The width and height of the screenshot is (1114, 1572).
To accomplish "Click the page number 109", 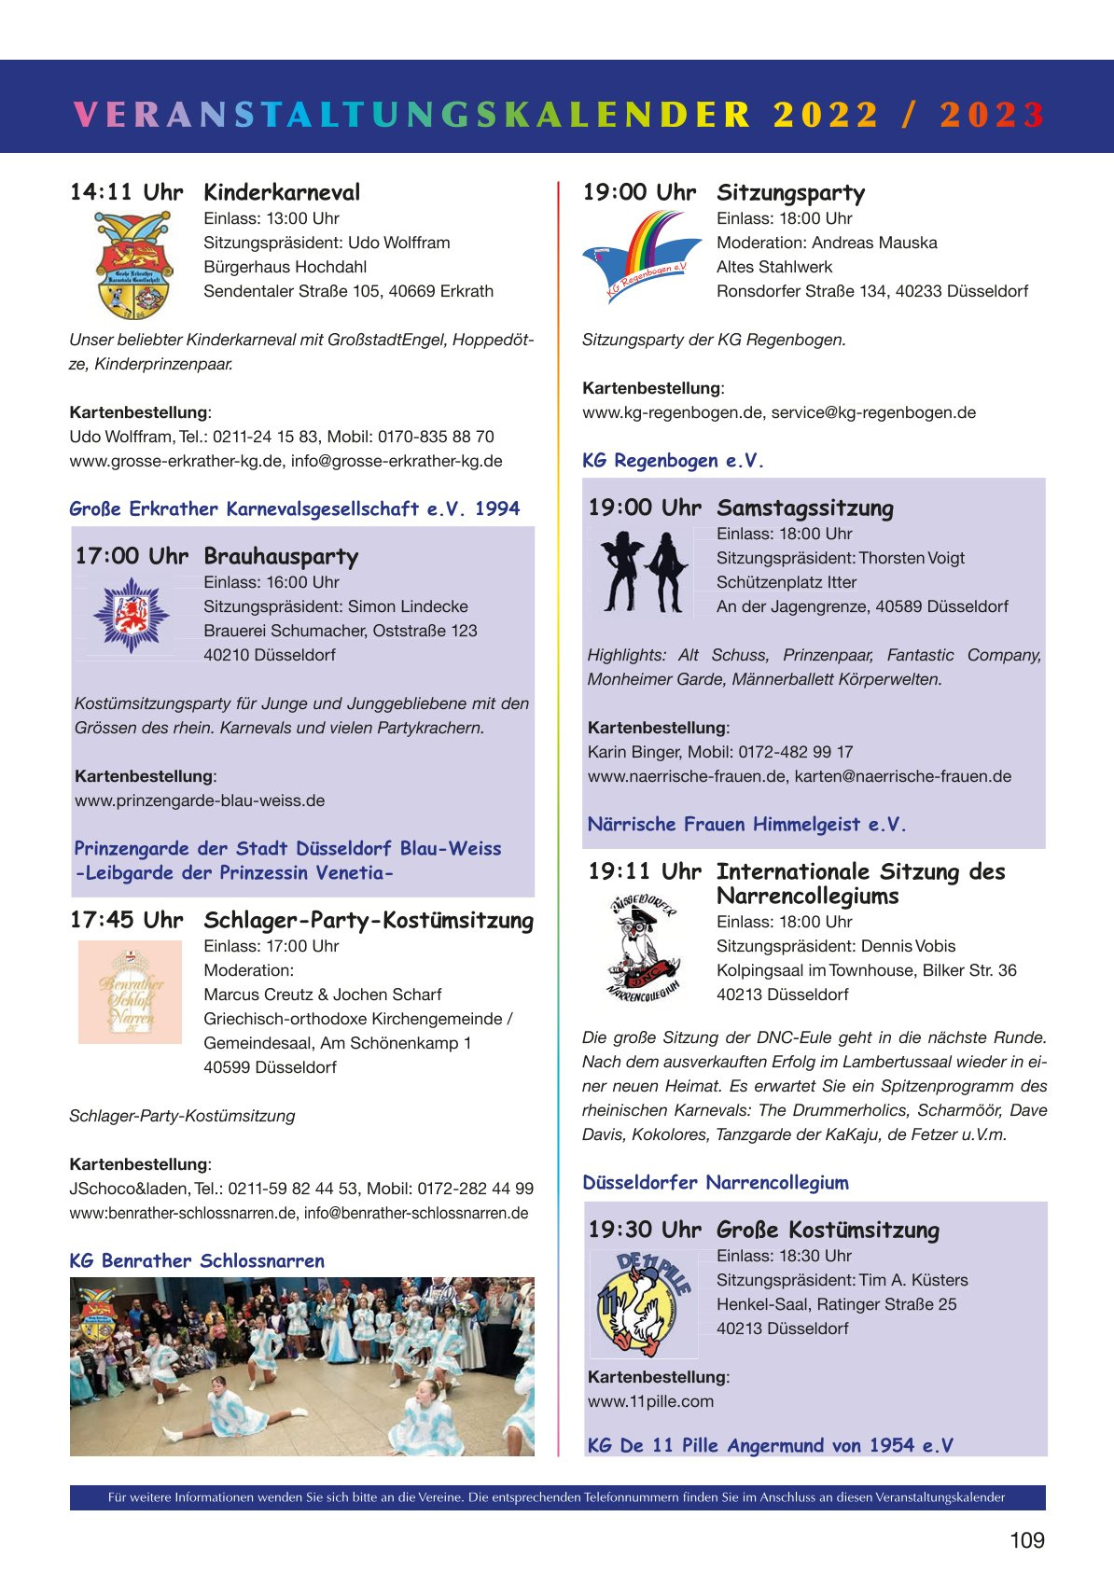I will [x=1026, y=1540].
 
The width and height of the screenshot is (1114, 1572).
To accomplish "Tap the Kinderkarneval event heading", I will [x=282, y=193].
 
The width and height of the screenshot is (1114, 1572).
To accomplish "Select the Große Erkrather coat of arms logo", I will [x=133, y=265].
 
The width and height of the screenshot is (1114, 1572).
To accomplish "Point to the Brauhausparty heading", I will [x=281, y=557].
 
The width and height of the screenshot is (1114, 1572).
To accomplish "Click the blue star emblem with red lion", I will [x=132, y=616].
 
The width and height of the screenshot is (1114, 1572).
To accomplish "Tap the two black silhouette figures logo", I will [x=643, y=570].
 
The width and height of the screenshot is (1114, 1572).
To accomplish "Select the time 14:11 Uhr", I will [x=126, y=193].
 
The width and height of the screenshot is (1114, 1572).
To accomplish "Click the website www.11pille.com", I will [x=650, y=1401].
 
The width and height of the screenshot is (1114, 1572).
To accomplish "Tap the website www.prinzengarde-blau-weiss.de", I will [x=200, y=800].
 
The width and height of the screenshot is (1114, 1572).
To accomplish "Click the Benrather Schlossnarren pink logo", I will [x=130, y=992].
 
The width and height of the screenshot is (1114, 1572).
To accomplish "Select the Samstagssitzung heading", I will [x=804, y=508].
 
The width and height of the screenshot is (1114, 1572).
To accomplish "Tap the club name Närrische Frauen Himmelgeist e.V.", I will [x=746, y=825].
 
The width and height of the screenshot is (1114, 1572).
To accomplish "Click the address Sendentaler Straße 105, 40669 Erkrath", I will [x=348, y=291].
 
